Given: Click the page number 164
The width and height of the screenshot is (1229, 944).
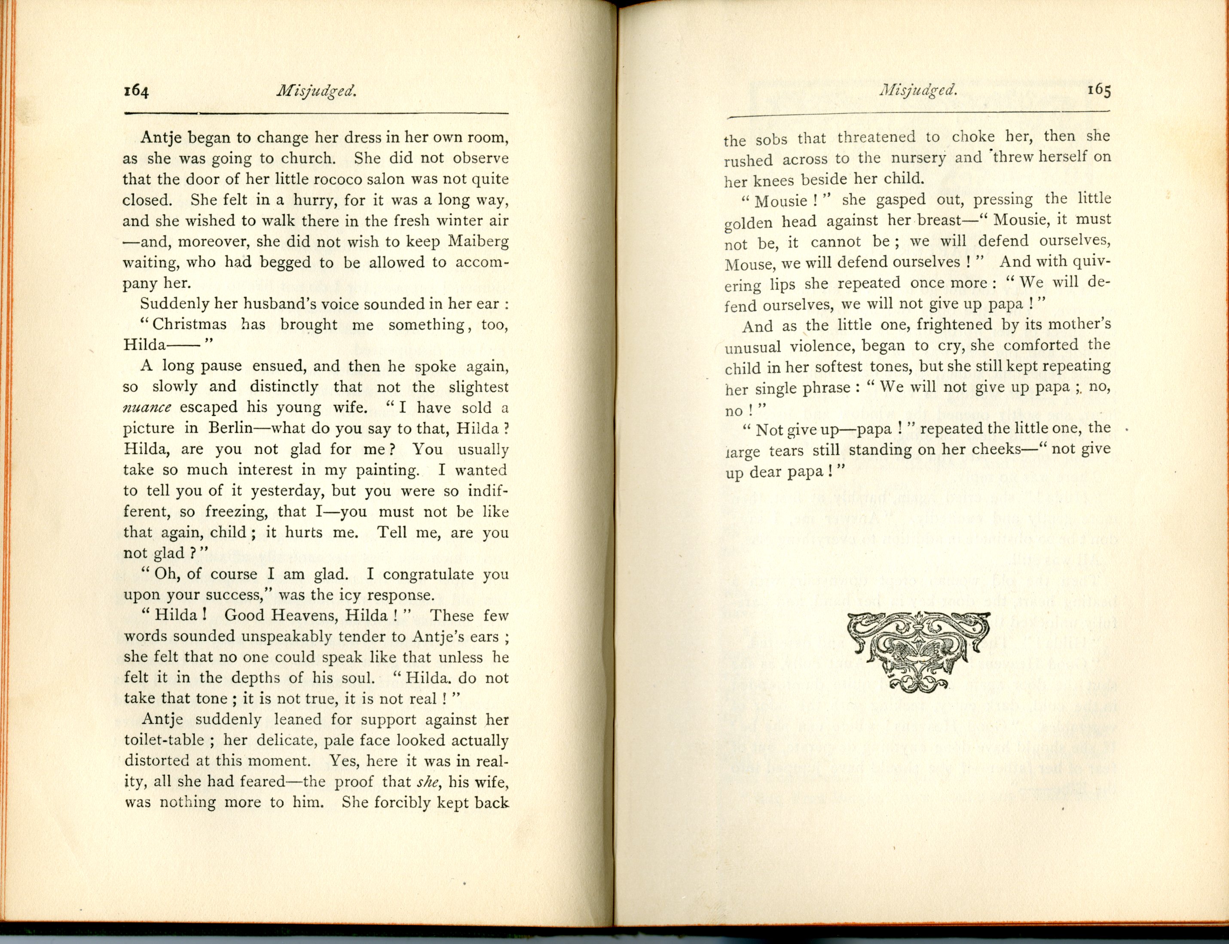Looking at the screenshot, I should tap(136, 91).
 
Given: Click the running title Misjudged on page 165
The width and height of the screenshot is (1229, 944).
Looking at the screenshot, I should tap(918, 90).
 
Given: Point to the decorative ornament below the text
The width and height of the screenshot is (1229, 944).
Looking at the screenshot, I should tap(918, 652).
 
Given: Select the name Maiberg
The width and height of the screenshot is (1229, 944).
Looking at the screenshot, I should tap(478, 242).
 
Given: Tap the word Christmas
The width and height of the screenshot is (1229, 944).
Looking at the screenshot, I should tap(190, 325).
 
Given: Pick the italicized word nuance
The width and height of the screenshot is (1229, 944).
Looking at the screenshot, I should tap(147, 408).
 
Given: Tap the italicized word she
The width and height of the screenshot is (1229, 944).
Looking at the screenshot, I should tap(427, 782).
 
